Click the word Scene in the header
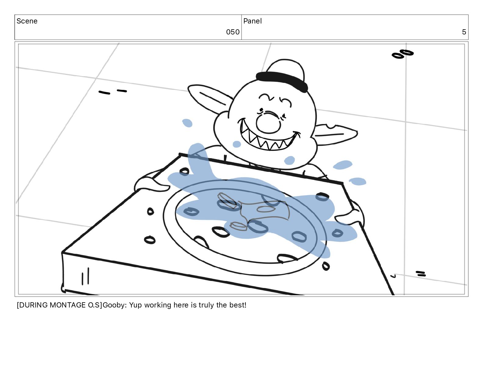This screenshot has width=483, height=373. pyautogui.click(x=27, y=21)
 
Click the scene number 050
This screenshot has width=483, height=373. pyautogui.click(x=233, y=32)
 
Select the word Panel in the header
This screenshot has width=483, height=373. pyautogui.click(x=252, y=21)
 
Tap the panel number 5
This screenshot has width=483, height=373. pyautogui.click(x=464, y=32)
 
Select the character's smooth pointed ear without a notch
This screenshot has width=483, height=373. pyautogui.click(x=209, y=98)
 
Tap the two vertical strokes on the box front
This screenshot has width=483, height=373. pyautogui.click(x=85, y=276)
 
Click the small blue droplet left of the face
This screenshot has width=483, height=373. pyautogui.click(x=187, y=123)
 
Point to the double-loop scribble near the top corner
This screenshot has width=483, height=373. pyautogui.click(x=402, y=54)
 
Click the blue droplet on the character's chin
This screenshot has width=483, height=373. pyautogui.click(x=289, y=160)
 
